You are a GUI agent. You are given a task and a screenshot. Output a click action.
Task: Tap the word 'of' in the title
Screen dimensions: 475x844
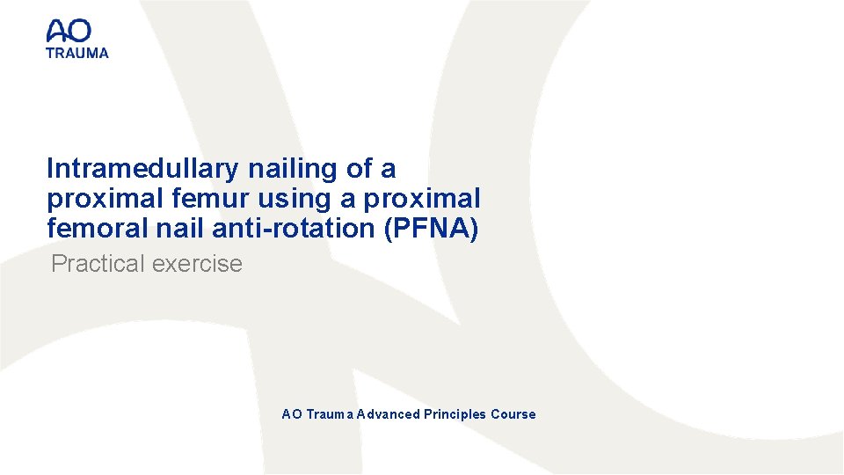[x=355, y=169]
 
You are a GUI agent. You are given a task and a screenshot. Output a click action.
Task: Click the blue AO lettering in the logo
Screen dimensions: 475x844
[x=69, y=33]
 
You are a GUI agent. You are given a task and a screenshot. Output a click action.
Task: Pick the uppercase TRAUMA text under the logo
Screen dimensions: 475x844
[x=77, y=53]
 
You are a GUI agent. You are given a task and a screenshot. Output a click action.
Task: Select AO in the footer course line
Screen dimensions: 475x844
[x=291, y=414]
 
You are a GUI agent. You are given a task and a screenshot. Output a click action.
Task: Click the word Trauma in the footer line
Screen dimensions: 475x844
[x=328, y=414]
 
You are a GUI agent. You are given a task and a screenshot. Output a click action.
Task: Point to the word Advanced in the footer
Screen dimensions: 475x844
[x=388, y=414]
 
